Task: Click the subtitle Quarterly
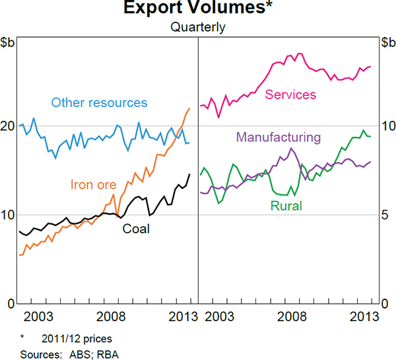coord(198,27)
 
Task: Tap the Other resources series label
coord(99,102)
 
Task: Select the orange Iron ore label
coord(92,185)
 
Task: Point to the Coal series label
coord(136,229)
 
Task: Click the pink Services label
coord(290,94)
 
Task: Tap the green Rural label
coord(286,206)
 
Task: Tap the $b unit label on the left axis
coord(9,44)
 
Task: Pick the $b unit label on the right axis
coord(387,44)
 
